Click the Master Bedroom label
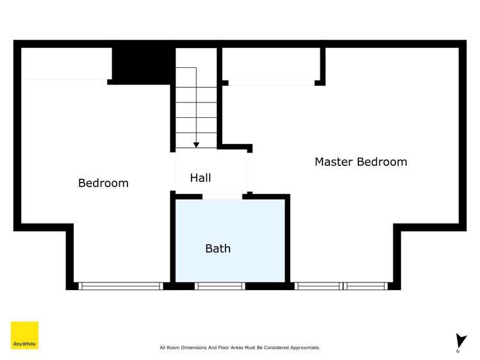(x=360, y=162)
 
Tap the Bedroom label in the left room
(x=103, y=183)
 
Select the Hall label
(x=200, y=178)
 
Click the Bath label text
(x=218, y=249)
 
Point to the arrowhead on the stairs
(x=196, y=145)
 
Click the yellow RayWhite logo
(x=24, y=335)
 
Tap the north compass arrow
(x=461, y=340)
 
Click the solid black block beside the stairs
(x=142, y=63)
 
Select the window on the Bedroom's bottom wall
(x=120, y=286)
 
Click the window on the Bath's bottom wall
(x=219, y=286)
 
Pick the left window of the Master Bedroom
(x=319, y=286)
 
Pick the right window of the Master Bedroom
(x=366, y=286)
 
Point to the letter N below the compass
(x=458, y=352)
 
